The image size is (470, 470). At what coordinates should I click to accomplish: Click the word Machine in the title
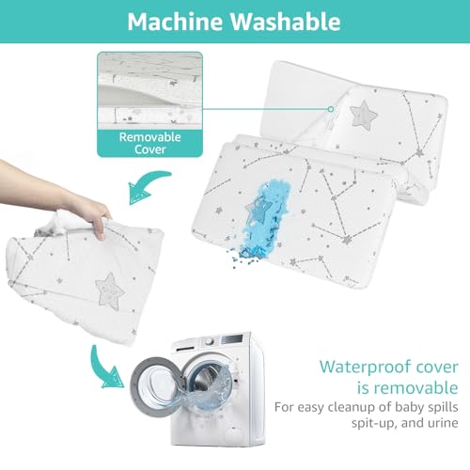click(x=176, y=22)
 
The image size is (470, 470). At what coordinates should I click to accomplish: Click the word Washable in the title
click(x=286, y=22)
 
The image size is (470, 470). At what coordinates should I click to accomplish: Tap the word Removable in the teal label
click(x=150, y=137)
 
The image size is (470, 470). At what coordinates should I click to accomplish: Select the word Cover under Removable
click(x=150, y=149)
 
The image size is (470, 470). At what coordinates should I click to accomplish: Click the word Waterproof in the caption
click(x=365, y=368)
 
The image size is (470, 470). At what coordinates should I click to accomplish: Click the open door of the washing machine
click(x=156, y=387)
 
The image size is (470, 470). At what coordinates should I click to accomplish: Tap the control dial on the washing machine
click(x=209, y=341)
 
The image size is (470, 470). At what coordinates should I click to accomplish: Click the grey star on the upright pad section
click(x=364, y=114)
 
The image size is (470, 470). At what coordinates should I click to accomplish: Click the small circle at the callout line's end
click(x=331, y=109)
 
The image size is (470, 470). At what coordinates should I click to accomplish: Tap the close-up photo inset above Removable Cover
click(x=150, y=91)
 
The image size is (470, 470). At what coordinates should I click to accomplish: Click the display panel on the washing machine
click(x=232, y=339)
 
